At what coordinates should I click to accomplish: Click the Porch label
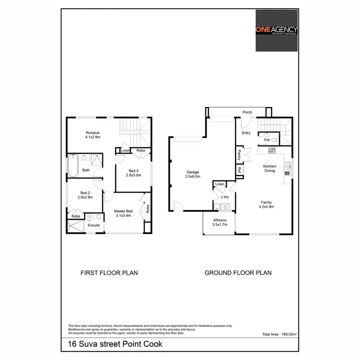[x=247, y=112]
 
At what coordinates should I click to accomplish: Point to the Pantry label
[x=239, y=155]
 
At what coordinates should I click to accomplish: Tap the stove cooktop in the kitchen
[x=272, y=150]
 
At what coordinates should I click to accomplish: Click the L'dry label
[x=224, y=197]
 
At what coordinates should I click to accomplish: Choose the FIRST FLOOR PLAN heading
[x=109, y=273]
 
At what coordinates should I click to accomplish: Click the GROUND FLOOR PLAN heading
[x=238, y=273]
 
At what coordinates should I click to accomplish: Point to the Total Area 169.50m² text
[x=279, y=334]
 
